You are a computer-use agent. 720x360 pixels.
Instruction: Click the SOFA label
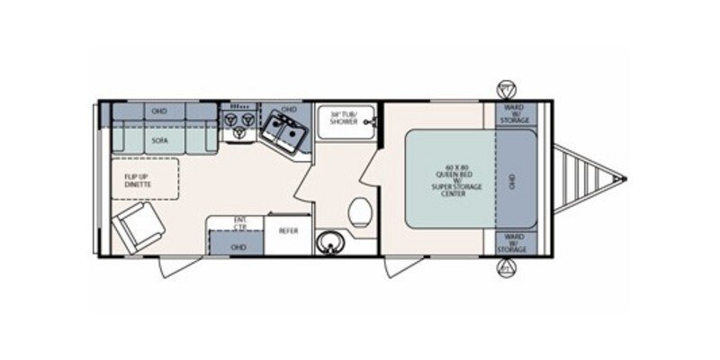click(159, 141)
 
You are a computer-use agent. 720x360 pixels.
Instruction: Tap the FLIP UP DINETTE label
click(131, 179)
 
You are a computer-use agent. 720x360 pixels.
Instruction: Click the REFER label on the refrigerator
click(287, 231)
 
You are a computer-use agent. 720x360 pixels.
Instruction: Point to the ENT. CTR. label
click(241, 221)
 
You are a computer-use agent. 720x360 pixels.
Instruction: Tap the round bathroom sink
click(329, 242)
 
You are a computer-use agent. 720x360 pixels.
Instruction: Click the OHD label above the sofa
click(159, 111)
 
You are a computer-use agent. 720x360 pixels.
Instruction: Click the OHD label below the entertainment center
click(238, 246)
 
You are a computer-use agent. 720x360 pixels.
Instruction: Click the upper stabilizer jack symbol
click(507, 89)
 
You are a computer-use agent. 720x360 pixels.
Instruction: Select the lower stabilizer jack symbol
click(507, 267)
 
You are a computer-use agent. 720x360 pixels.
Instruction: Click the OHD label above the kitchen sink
click(289, 110)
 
